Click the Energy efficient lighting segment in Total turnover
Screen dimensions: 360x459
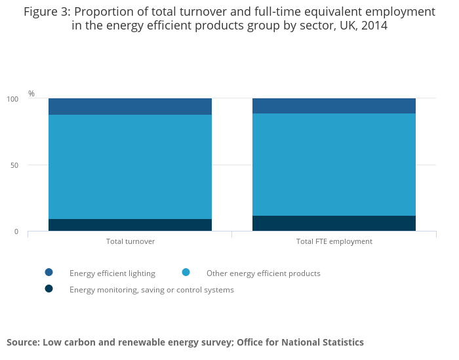pyautogui.click(x=130, y=106)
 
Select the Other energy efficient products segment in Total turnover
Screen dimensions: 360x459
pyautogui.click(x=130, y=167)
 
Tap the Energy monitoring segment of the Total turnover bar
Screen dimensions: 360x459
pyautogui.click(x=130, y=225)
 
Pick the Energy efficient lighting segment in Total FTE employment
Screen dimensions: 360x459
pyautogui.click(x=334, y=106)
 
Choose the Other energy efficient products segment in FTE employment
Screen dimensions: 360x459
pyautogui.click(x=334, y=164)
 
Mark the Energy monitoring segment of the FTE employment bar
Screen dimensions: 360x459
pyautogui.click(x=334, y=223)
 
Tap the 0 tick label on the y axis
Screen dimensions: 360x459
pyautogui.click(x=16, y=231)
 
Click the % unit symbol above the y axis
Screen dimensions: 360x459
pyautogui.click(x=31, y=94)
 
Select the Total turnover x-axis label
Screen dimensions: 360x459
pyautogui.click(x=130, y=241)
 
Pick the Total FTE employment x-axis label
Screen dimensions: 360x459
pyautogui.click(x=334, y=241)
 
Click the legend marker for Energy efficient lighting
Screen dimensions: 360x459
pyautogui.click(x=49, y=272)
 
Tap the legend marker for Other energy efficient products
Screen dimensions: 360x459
pyautogui.click(x=186, y=272)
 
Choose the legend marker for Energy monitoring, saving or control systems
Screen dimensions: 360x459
pyautogui.click(x=49, y=289)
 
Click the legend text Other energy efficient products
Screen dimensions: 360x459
pyautogui.click(x=263, y=273)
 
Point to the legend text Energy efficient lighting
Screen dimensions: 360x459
pyautogui.click(x=112, y=273)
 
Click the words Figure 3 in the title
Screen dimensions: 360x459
pyautogui.click(x=49, y=12)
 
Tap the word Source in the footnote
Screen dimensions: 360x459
pyautogui.click(x=22, y=342)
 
